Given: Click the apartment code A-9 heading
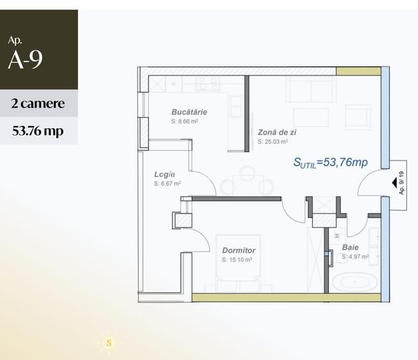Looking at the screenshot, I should [26, 59].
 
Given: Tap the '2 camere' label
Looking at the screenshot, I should [38, 104].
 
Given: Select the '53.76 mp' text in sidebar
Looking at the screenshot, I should [38, 131].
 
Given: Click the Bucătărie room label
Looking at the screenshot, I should [189, 112].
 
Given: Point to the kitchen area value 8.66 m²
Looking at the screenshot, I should [185, 121].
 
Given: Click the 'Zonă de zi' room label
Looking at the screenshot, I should [277, 132].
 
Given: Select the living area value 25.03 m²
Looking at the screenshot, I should [273, 142].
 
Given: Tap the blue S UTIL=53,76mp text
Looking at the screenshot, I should [330, 162].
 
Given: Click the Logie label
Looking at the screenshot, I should [164, 174].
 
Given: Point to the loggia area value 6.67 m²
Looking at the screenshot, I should [167, 184].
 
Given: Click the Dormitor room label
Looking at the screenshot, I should [238, 251].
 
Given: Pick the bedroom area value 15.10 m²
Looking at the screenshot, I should [237, 260].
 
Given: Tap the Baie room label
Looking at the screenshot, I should [350, 247].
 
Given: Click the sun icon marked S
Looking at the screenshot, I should [109, 343].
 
